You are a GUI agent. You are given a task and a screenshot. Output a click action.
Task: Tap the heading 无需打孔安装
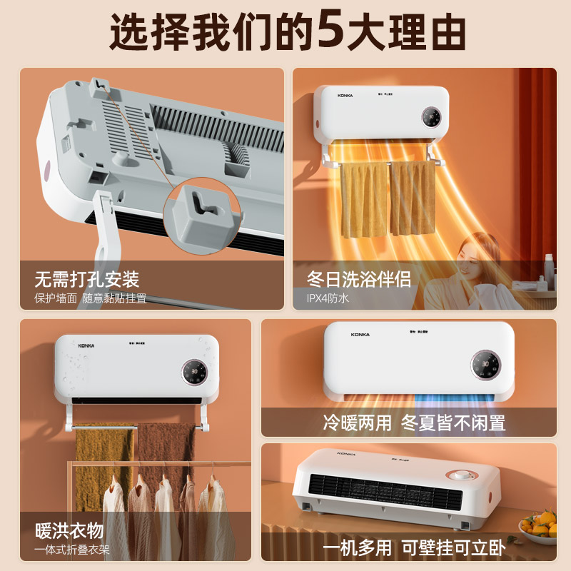86,278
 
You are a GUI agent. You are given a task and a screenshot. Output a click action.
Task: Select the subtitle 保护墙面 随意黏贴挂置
90,298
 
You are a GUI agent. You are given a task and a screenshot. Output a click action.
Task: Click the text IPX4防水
328,298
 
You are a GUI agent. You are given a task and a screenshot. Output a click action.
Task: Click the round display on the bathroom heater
431,117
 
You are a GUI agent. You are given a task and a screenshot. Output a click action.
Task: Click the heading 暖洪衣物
69,531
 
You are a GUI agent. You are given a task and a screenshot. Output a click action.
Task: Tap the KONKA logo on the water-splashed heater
91,345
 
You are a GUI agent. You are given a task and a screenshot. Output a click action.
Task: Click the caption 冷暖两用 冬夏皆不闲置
413,423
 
